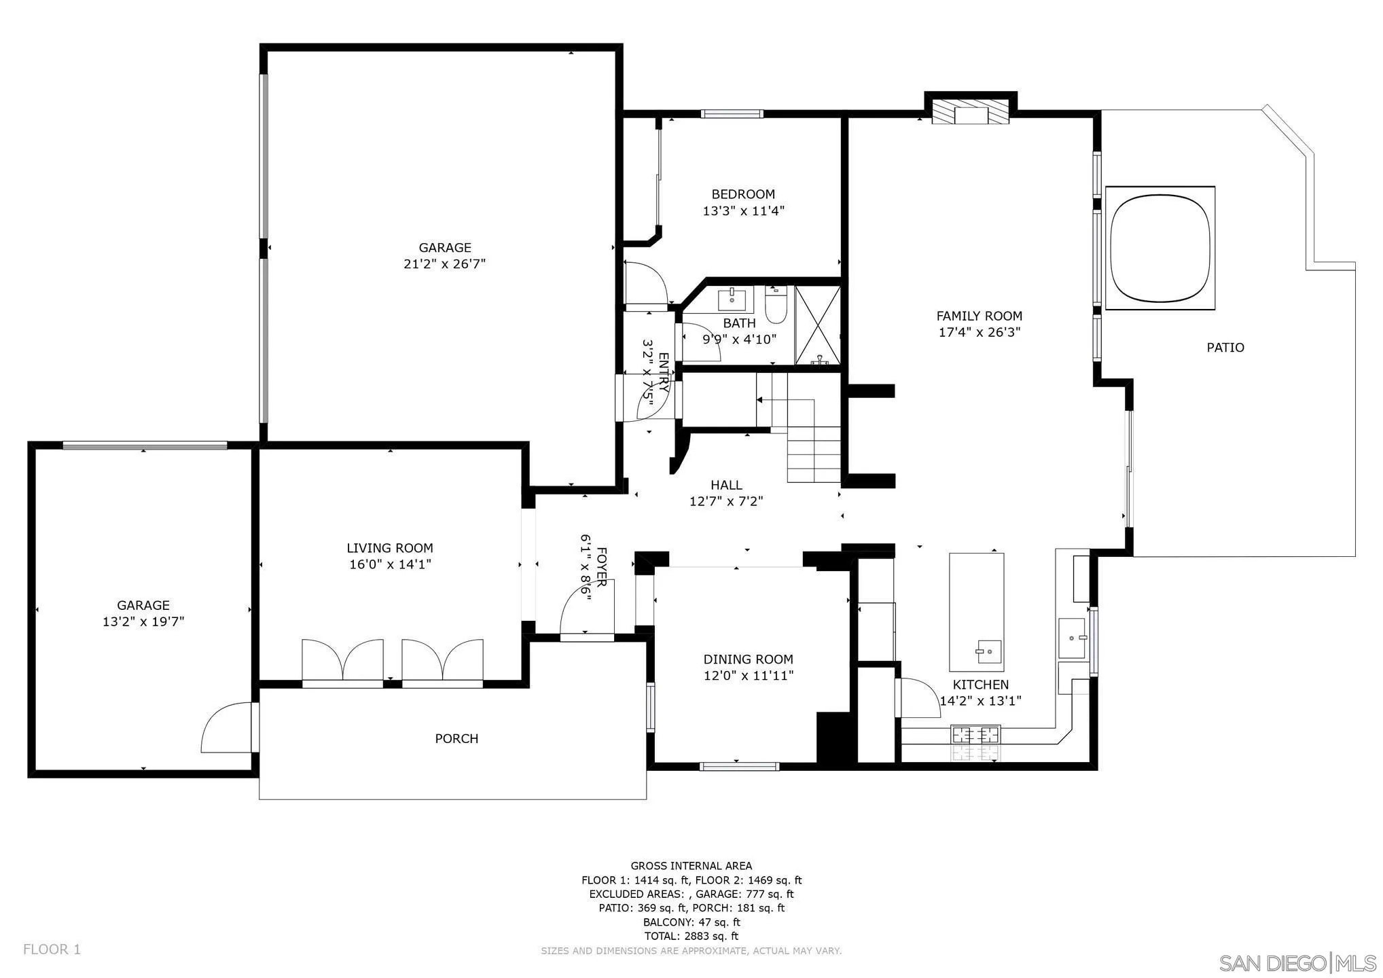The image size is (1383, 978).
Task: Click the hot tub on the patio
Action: click(1160, 248)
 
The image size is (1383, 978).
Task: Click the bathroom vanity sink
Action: click(732, 297)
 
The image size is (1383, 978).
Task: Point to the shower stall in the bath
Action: click(818, 325)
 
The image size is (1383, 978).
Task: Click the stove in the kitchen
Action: click(976, 734)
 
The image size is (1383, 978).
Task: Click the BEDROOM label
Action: click(743, 194)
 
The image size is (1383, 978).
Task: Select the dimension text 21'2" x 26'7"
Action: click(445, 264)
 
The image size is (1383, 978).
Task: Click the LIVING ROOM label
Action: click(390, 548)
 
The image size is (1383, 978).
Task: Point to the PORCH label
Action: click(456, 738)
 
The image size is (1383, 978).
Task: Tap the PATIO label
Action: click(1225, 348)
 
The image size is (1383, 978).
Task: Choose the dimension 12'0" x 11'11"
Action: click(749, 676)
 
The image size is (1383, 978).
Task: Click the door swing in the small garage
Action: click(227, 727)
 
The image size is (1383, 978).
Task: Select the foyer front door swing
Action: click(586, 606)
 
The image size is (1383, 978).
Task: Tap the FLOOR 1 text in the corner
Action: click(52, 949)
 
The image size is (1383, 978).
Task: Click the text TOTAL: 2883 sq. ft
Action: click(691, 936)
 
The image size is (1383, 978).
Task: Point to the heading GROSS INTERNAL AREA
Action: click(691, 866)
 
